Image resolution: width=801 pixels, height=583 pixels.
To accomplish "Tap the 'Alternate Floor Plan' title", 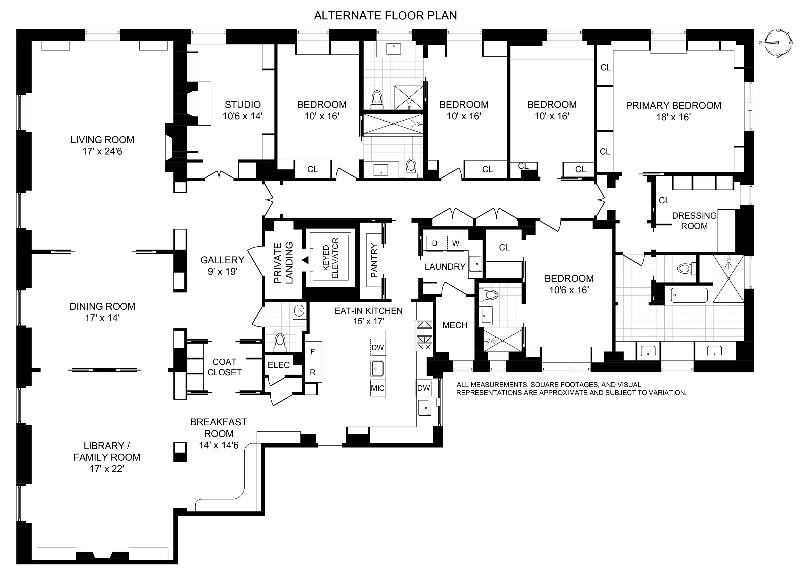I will coord(385,16).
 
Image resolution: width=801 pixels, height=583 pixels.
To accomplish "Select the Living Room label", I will coord(102,140).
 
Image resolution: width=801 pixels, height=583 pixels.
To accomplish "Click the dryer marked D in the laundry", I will coord(435,243).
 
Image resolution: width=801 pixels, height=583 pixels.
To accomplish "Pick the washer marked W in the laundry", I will coord(456,243).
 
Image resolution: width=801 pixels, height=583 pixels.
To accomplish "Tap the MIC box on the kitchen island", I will coord(377,388).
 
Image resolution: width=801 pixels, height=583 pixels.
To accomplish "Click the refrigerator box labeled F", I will coord(312,352).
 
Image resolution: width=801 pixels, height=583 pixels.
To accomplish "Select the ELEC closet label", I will coord(279,365).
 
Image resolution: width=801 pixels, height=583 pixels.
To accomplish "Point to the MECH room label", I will coord(455,325).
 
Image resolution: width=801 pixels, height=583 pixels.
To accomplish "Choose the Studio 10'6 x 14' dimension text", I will coord(243,116).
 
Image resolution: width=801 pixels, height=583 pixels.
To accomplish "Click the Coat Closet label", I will coord(224,367).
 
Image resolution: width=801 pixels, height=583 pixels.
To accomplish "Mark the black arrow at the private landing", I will coord(305,260).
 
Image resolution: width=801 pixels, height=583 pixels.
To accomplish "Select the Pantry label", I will coord(374,260).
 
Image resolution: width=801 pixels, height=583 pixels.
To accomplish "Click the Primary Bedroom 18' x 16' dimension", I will coord(673,117).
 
